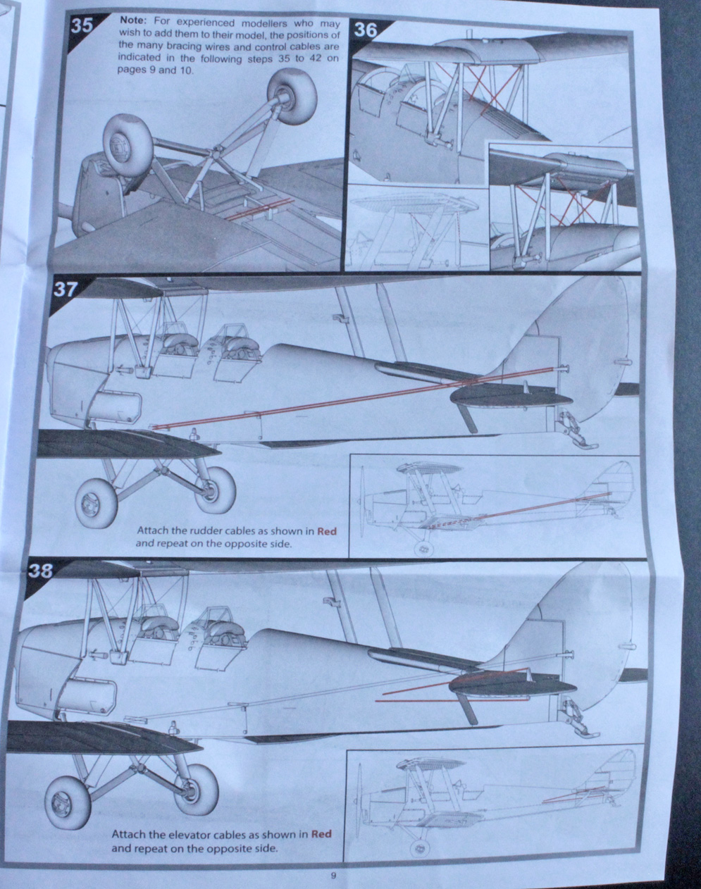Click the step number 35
82,25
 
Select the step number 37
65,290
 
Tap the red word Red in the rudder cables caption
327,531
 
